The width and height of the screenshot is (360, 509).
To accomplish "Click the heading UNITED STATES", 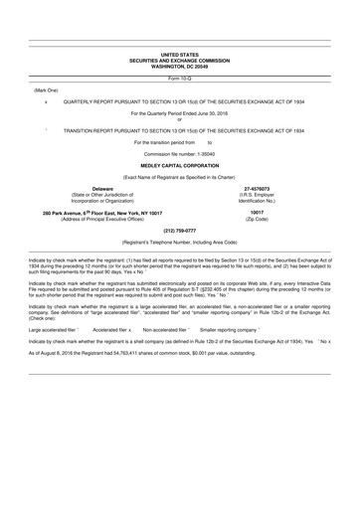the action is tap(180, 55).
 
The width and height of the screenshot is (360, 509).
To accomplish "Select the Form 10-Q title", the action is tap(180, 77).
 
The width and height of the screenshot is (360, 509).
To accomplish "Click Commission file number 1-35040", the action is tap(180, 152).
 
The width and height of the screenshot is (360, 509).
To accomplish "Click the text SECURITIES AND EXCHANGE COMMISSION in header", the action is tap(180, 60).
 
